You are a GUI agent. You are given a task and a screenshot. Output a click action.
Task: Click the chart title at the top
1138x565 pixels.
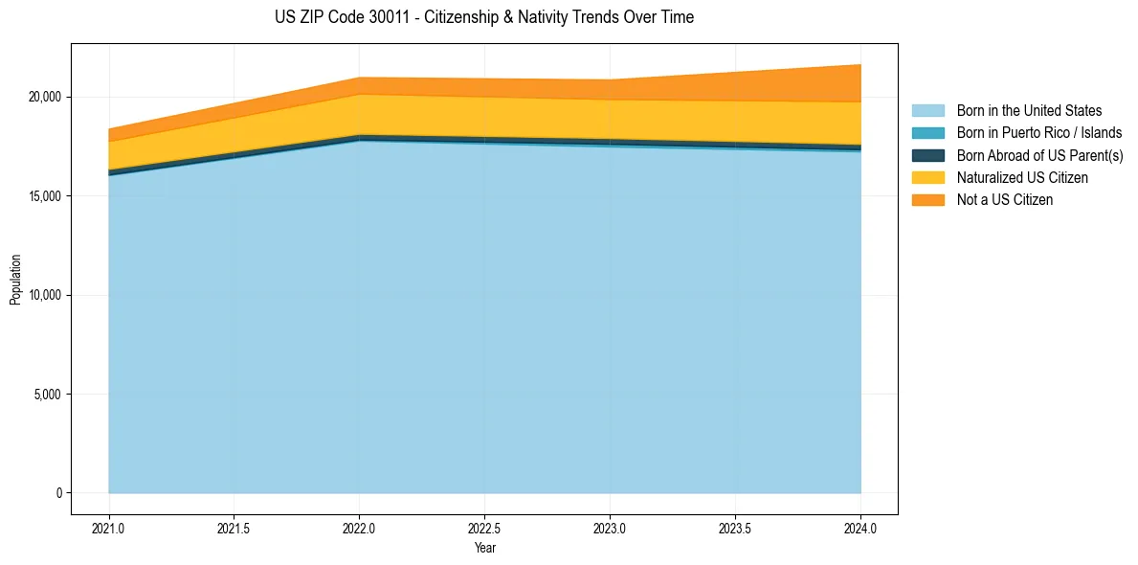483,17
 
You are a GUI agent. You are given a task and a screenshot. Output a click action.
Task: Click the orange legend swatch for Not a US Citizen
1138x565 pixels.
927,200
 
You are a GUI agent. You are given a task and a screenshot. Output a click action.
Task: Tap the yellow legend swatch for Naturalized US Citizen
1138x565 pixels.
927,178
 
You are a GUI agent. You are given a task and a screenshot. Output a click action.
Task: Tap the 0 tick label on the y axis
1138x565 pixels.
58,493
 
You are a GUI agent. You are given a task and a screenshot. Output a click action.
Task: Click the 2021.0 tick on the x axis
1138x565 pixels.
109,528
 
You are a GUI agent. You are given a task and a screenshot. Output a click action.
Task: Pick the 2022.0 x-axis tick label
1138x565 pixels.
359,528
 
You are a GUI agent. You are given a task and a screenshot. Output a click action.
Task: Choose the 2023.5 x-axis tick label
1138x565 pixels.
735,528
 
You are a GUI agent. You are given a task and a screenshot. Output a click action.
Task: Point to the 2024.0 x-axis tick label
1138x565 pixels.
860,528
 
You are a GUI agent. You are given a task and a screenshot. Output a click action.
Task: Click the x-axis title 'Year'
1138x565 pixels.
484,549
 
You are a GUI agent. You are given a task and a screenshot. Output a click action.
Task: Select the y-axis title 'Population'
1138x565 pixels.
15,280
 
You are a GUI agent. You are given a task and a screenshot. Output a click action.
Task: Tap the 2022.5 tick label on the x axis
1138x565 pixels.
484,528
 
